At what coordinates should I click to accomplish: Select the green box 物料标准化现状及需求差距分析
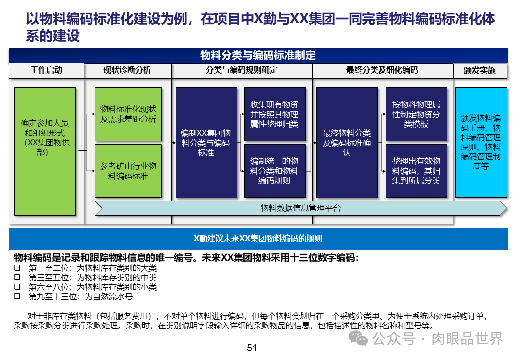[128, 114]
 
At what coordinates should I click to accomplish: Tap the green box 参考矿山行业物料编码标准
[128, 171]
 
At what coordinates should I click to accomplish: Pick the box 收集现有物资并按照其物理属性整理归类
[274, 114]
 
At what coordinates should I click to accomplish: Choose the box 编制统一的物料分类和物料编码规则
[274, 171]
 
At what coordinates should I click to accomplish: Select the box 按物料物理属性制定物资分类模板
[416, 114]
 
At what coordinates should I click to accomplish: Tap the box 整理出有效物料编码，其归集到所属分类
[416, 171]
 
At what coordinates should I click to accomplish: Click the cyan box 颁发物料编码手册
[481, 142]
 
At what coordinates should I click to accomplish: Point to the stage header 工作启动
[46, 70]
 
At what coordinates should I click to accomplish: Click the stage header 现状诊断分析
[127, 70]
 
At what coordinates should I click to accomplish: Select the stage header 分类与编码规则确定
[242, 70]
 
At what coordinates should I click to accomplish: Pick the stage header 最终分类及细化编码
[382, 70]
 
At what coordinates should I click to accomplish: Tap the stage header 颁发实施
[480, 71]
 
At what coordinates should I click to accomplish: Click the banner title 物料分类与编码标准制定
[258, 55]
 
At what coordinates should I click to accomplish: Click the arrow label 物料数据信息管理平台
[301, 208]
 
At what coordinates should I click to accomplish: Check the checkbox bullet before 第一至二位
[17, 268]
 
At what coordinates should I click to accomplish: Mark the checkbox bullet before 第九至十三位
[17, 296]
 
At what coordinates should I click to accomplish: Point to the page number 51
[252, 348]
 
